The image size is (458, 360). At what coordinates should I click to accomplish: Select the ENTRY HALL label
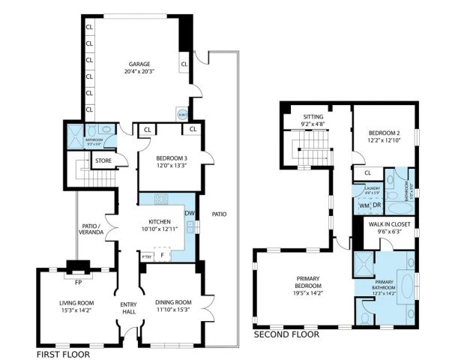tap(129, 307)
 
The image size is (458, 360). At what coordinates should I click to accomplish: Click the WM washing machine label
tap(363, 205)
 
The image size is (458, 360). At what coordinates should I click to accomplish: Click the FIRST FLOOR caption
tap(63, 353)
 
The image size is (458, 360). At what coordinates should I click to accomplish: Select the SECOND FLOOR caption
tap(286, 335)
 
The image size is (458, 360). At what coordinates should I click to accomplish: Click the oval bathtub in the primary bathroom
tap(407, 288)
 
